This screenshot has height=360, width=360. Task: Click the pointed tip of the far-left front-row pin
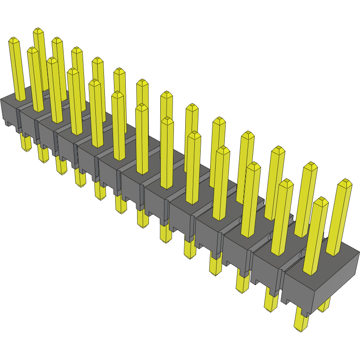[14, 40]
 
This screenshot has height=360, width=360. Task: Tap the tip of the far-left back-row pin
[38, 30]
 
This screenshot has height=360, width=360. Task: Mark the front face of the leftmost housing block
[9, 111]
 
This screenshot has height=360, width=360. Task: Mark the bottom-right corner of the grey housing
[309, 315]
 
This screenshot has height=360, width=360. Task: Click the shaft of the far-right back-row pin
[340, 218]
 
